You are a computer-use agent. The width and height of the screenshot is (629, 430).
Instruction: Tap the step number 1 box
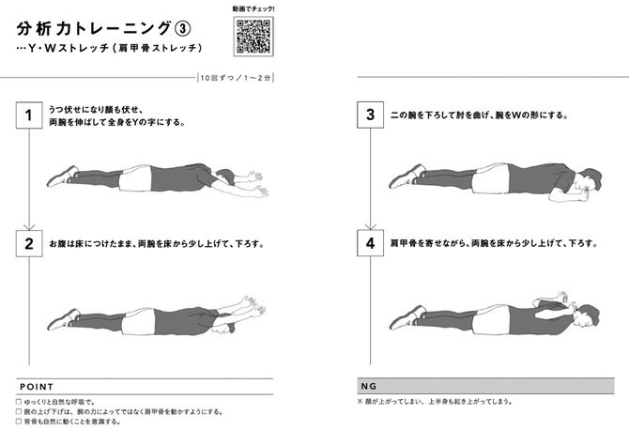point(29,116)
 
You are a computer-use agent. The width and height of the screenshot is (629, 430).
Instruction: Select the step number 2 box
point(29,242)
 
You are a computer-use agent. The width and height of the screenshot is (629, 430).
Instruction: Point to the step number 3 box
point(371,116)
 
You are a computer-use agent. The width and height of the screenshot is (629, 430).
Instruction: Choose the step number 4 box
point(371,242)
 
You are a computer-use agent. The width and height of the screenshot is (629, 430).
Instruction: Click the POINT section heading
point(36,386)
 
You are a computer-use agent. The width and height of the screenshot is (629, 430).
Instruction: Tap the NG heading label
point(369,386)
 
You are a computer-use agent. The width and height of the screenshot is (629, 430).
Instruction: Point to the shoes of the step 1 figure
point(61,176)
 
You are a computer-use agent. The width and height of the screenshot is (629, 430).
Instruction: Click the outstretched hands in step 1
point(255,187)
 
